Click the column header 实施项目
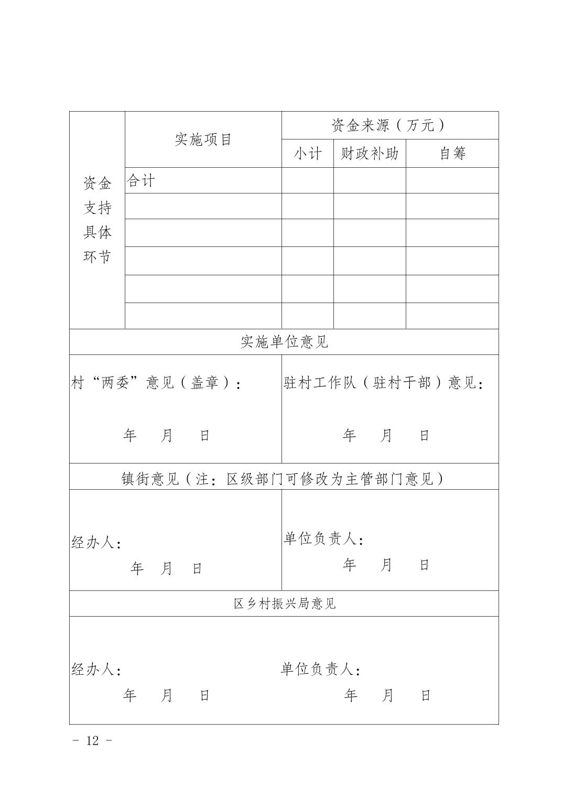coord(203,139)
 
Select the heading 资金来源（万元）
coord(388,125)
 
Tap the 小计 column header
coord(307,154)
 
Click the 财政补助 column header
coord(370,154)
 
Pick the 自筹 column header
coord(452,154)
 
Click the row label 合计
coord(141,181)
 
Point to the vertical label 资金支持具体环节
coord(98,220)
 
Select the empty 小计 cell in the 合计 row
coord(307,181)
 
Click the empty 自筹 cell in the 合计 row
coord(452,181)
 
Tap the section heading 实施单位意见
coord(284,342)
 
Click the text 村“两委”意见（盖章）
coord(156,383)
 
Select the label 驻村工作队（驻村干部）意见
coord(383,383)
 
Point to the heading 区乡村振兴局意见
coord(284,604)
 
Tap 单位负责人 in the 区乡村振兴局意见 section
coord(320,670)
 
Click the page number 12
coord(92,740)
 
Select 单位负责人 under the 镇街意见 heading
coord(323,539)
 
